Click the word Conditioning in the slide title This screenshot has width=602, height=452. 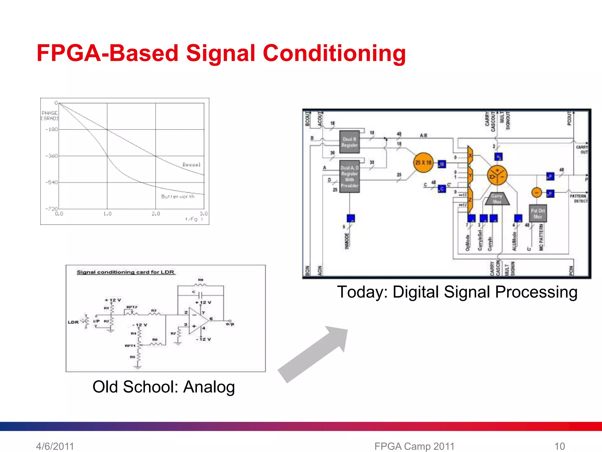334,53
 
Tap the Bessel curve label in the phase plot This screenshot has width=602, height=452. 191,164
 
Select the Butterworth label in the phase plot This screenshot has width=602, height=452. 178,196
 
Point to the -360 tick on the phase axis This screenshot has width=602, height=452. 51,156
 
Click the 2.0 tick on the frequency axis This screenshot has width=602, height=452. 155,214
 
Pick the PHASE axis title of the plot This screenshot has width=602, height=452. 49,113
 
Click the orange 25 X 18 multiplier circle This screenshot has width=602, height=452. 423,162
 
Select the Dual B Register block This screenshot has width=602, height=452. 349,142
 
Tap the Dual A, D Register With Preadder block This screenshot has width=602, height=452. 349,176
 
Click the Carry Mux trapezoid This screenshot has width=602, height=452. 497,199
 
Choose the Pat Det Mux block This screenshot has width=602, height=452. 538,213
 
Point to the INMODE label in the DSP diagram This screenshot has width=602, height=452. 347,241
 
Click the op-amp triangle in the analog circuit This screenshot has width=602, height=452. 197,321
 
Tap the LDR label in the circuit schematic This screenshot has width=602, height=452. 73,322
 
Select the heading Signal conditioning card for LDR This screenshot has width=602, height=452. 126,272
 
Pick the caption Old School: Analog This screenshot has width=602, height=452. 163,387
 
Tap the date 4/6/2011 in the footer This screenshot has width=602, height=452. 55,446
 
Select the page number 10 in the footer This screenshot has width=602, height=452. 560,446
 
